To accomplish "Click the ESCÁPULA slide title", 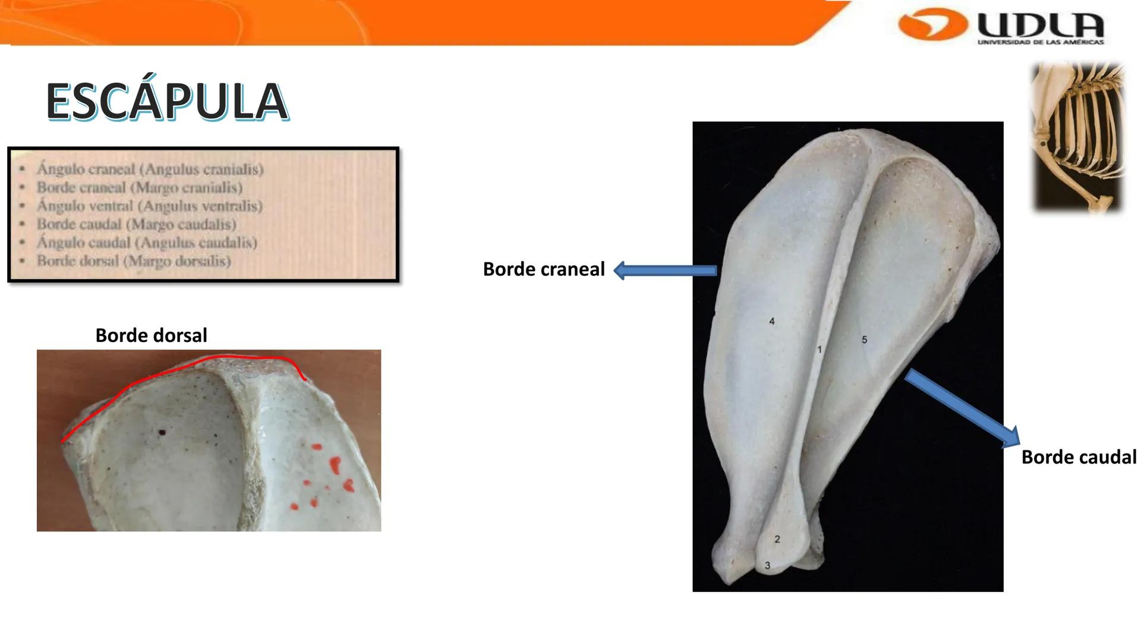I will (x=167, y=102).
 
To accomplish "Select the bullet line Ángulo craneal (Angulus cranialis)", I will (x=150, y=169).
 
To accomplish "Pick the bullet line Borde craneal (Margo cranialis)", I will (x=139, y=188).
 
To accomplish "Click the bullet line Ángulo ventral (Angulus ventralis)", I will (x=149, y=206).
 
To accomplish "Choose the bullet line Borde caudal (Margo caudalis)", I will (x=136, y=225).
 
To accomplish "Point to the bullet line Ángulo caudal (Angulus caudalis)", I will (x=147, y=243).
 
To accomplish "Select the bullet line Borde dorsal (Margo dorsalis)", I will (x=133, y=261).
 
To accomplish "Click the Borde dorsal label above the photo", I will (x=151, y=335).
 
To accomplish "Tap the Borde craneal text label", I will (x=543, y=269).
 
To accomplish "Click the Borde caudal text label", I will (x=1078, y=457).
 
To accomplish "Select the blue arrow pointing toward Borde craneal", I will (x=665, y=270).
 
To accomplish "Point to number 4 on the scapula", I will (x=772, y=322).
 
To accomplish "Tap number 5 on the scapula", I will (x=864, y=340).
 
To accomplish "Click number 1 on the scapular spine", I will (x=819, y=350).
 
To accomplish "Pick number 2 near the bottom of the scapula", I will (x=777, y=540).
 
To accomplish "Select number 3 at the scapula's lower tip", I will (x=767, y=566).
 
